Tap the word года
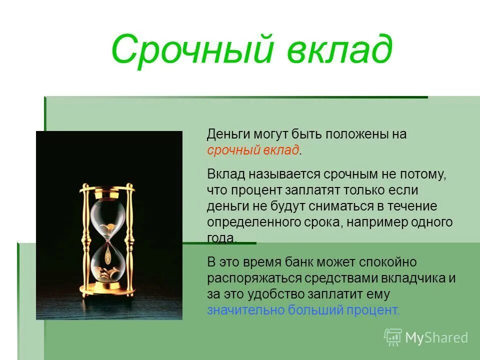point(221,238)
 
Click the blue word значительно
point(245,310)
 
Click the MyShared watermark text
point(436,337)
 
